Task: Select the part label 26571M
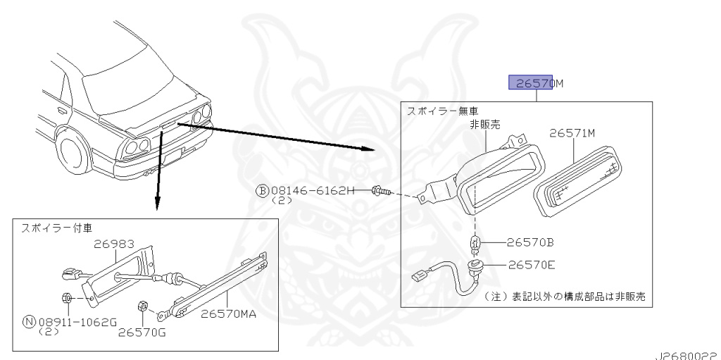pos(572,134)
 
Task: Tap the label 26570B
pos(529,242)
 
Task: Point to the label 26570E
pos(532,265)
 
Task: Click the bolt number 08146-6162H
pos(313,190)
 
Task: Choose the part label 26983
pos(115,244)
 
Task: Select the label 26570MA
pos(229,314)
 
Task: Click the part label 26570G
pos(142,332)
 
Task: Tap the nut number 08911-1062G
pos(77,322)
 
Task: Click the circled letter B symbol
pos(262,191)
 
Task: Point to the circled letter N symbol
pos(30,322)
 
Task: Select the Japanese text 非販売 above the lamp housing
pos(485,124)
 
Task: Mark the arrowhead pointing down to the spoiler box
pos(157,203)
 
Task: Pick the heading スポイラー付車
pos(56,228)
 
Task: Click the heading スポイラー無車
pos(443,111)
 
